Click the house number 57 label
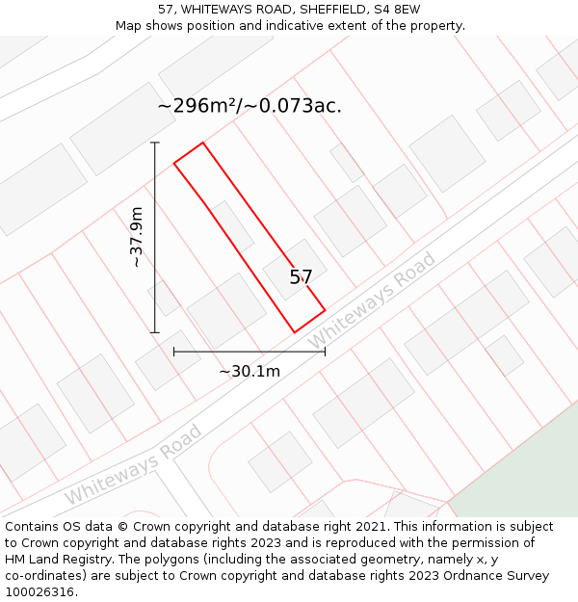click(301, 277)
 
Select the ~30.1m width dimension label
click(249, 371)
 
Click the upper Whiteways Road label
click(372, 301)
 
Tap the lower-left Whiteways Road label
click(134, 464)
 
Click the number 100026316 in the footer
click(39, 592)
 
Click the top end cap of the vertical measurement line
click(155, 143)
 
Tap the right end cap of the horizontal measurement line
click(325, 352)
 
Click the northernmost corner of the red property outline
click(202, 143)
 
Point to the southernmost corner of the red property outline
click(295, 332)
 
